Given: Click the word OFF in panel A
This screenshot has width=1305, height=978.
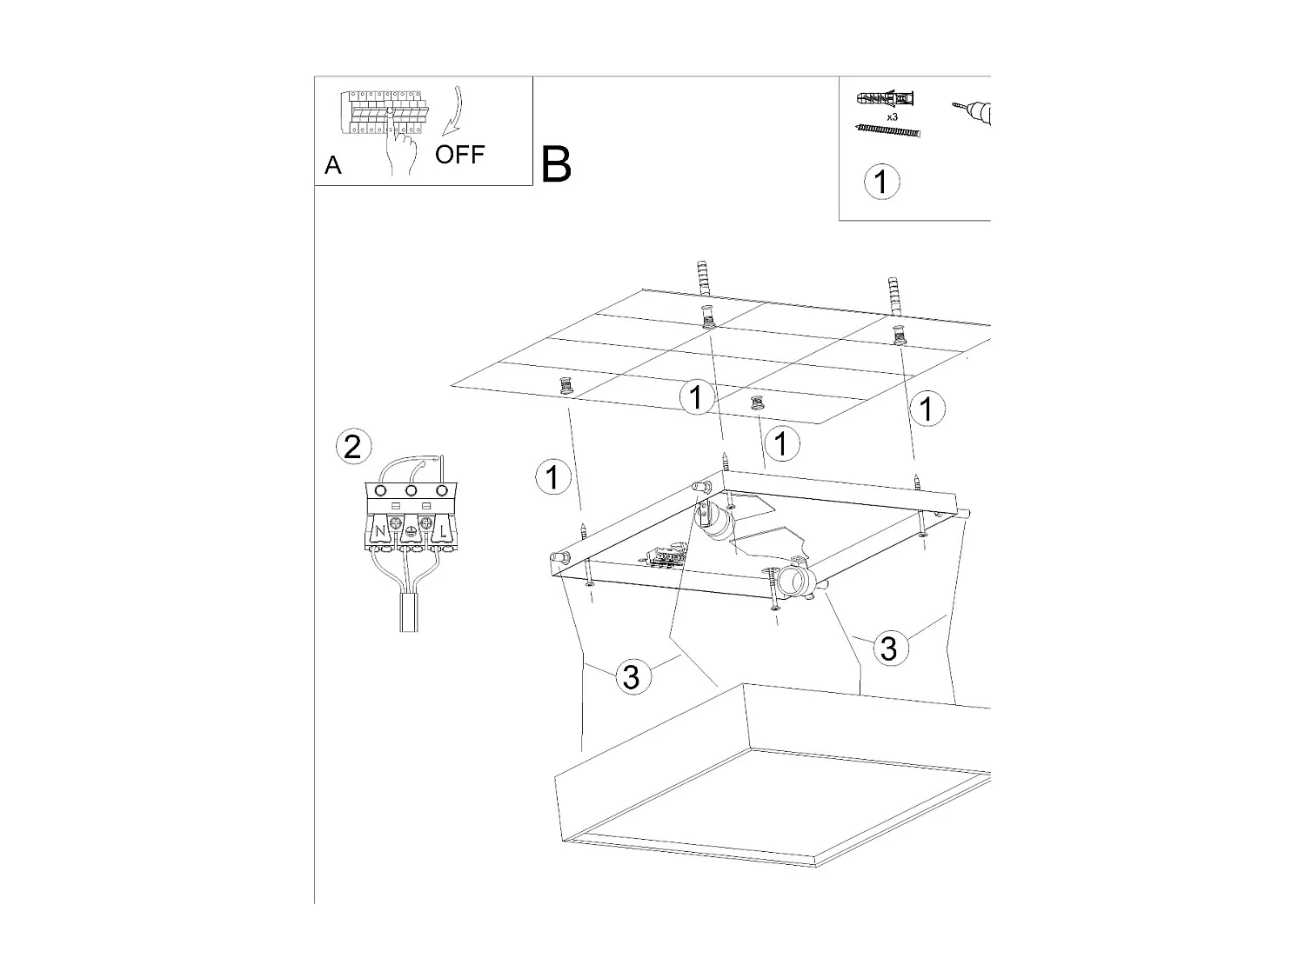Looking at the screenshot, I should tap(459, 156).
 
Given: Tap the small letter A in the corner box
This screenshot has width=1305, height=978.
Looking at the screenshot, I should tap(332, 165).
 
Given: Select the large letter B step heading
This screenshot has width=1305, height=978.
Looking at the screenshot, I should tap(556, 163).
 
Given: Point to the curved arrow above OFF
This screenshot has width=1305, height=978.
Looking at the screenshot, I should tap(453, 112).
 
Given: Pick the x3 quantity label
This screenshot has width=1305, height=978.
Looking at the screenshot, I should tap(892, 116).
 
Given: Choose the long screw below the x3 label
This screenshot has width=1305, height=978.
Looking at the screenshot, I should tap(887, 130).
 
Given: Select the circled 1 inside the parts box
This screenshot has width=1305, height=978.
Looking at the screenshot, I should tap(881, 182).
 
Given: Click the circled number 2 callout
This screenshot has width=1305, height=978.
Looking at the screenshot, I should tap(352, 447).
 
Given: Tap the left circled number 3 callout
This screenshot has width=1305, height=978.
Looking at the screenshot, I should tap(632, 675).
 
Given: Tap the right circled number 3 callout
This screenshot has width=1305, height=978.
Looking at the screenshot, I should tap(888, 648).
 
